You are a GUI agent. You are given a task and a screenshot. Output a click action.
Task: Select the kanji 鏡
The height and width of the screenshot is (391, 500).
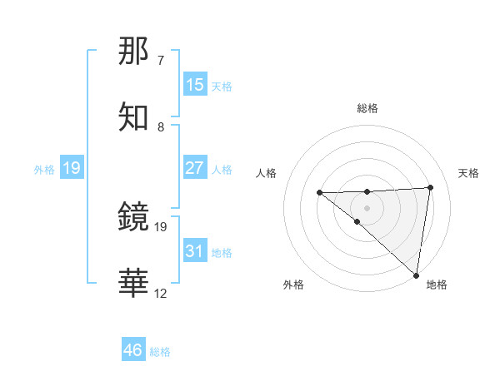click(x=134, y=217)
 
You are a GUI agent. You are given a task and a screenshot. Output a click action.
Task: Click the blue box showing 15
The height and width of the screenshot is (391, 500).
click(x=194, y=85)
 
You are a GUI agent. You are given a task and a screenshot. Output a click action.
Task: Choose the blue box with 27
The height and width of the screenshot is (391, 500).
click(x=194, y=168)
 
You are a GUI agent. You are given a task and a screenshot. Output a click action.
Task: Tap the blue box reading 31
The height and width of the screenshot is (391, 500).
click(x=194, y=251)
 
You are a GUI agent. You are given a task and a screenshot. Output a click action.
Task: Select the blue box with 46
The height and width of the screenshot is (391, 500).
click(x=134, y=350)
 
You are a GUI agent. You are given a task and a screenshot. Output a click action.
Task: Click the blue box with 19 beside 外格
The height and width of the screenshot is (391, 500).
click(x=71, y=168)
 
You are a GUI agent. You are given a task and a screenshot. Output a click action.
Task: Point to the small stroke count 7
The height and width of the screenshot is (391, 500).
click(x=161, y=61)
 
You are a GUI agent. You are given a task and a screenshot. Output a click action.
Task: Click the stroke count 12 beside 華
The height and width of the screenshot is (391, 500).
click(x=161, y=294)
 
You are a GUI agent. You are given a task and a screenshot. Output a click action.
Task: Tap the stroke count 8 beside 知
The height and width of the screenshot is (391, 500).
click(x=161, y=127)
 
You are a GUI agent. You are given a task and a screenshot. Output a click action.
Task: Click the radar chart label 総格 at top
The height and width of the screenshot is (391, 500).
click(x=367, y=108)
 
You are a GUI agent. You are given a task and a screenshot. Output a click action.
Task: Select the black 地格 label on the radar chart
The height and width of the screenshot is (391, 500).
click(x=437, y=285)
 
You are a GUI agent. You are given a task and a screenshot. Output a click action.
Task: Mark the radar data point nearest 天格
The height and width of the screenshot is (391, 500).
click(x=430, y=187)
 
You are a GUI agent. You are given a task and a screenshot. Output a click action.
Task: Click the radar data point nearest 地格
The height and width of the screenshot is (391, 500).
click(x=416, y=275)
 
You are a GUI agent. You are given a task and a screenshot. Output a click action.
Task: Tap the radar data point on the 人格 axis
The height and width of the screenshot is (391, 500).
click(x=319, y=192)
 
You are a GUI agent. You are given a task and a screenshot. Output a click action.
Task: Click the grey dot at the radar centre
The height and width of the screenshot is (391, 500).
click(x=367, y=207)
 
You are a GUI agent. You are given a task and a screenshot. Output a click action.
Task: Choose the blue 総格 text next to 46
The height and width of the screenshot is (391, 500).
click(x=161, y=352)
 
